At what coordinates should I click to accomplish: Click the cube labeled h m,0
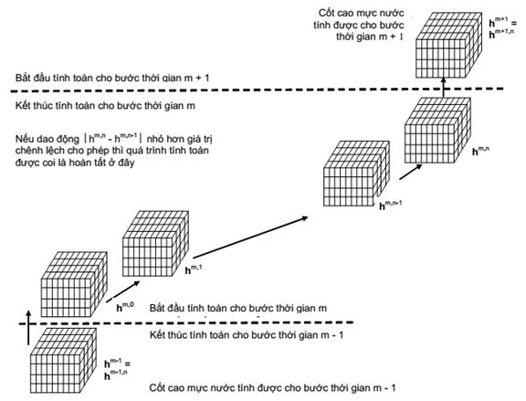coord(74,284)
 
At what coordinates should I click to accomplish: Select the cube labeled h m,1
coord(155,244)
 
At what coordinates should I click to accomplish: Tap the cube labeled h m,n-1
coord(356,174)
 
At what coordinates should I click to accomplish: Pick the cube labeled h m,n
coord(437,131)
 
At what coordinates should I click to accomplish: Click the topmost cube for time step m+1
coord(449,46)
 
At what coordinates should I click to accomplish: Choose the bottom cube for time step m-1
coord(63,361)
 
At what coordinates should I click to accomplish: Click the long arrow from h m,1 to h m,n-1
coord(250,237)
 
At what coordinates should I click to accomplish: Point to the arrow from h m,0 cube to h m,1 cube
coord(122,291)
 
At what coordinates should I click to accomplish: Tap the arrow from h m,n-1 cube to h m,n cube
coord(411,172)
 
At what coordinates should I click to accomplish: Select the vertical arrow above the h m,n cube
coord(444,88)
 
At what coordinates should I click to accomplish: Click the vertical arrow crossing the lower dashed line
coord(29,328)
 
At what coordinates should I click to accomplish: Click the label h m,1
coord(194,269)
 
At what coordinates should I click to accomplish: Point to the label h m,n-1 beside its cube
coord(391,205)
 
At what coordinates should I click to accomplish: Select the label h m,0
coord(125,307)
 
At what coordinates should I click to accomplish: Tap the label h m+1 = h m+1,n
coord(503,28)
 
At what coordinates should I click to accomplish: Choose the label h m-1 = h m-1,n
coord(117,370)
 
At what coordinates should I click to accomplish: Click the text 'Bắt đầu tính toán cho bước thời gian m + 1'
coord(112,78)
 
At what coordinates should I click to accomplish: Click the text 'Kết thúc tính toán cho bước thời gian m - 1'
coord(247,335)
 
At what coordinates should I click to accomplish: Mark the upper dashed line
coord(258,90)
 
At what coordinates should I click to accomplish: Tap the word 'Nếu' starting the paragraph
coord(24,139)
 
